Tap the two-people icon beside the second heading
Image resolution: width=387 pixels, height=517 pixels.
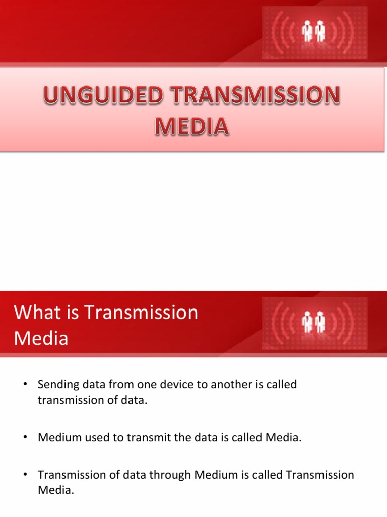click(x=314, y=322)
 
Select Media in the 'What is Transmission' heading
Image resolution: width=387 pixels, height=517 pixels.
click(x=41, y=338)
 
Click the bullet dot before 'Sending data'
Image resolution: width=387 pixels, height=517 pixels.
click(x=24, y=385)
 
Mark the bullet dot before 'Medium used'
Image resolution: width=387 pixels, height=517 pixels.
click(x=24, y=437)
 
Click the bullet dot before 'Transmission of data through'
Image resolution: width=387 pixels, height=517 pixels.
click(x=24, y=475)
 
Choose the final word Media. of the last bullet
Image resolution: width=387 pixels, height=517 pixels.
click(x=56, y=490)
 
